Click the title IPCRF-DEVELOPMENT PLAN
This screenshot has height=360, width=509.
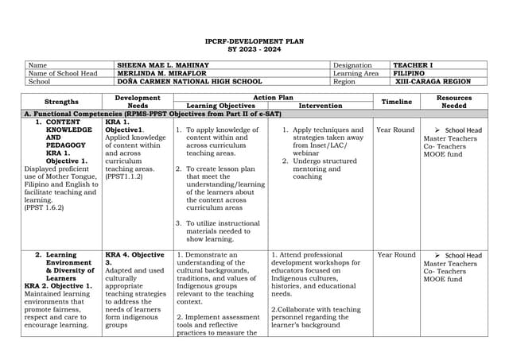[254, 41]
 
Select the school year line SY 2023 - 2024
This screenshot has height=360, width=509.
[254, 49]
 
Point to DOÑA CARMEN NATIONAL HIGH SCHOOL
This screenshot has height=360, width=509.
[189, 81]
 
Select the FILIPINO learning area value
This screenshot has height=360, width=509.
[410, 73]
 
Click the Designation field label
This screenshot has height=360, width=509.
[352, 65]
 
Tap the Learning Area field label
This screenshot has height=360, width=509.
[356, 73]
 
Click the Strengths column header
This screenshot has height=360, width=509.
[61, 102]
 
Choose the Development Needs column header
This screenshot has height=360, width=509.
[138, 102]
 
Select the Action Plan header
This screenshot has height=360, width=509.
[273, 98]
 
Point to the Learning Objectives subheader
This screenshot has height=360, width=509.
[220, 106]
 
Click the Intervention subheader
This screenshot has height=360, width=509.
[321, 106]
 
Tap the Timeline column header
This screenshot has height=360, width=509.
[397, 102]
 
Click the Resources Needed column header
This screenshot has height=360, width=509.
[454, 102]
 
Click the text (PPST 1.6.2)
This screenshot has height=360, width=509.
[45, 209]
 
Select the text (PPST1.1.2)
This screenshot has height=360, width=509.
[124, 176]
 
